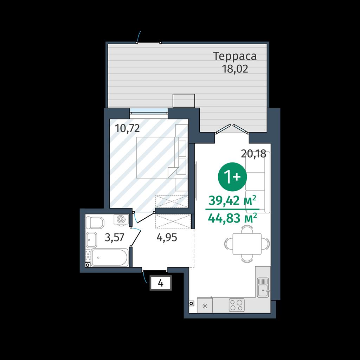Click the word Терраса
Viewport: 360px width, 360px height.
[235, 57]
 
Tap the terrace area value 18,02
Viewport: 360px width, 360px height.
[235, 69]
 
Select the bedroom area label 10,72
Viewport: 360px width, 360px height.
[127, 128]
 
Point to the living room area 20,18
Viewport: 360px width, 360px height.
[253, 154]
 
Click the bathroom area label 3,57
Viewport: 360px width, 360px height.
[114, 237]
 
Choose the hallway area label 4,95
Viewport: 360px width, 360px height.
[167, 237]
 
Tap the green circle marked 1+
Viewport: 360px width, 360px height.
[232, 176]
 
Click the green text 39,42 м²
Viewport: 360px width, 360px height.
[232, 201]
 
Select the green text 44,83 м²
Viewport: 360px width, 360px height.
[232, 218]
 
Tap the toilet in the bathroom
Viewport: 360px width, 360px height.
[95, 223]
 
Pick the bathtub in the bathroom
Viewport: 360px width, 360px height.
[110, 258]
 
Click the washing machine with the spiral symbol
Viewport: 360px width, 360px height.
[121, 219]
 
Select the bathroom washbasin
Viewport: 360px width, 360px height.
[92, 240]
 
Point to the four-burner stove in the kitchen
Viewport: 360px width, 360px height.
[237, 305]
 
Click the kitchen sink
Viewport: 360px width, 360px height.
[263, 287]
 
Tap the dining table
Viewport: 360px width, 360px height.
[247, 244]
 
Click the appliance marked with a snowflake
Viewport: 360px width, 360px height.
[205, 306]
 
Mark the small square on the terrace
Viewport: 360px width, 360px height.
[184, 101]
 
